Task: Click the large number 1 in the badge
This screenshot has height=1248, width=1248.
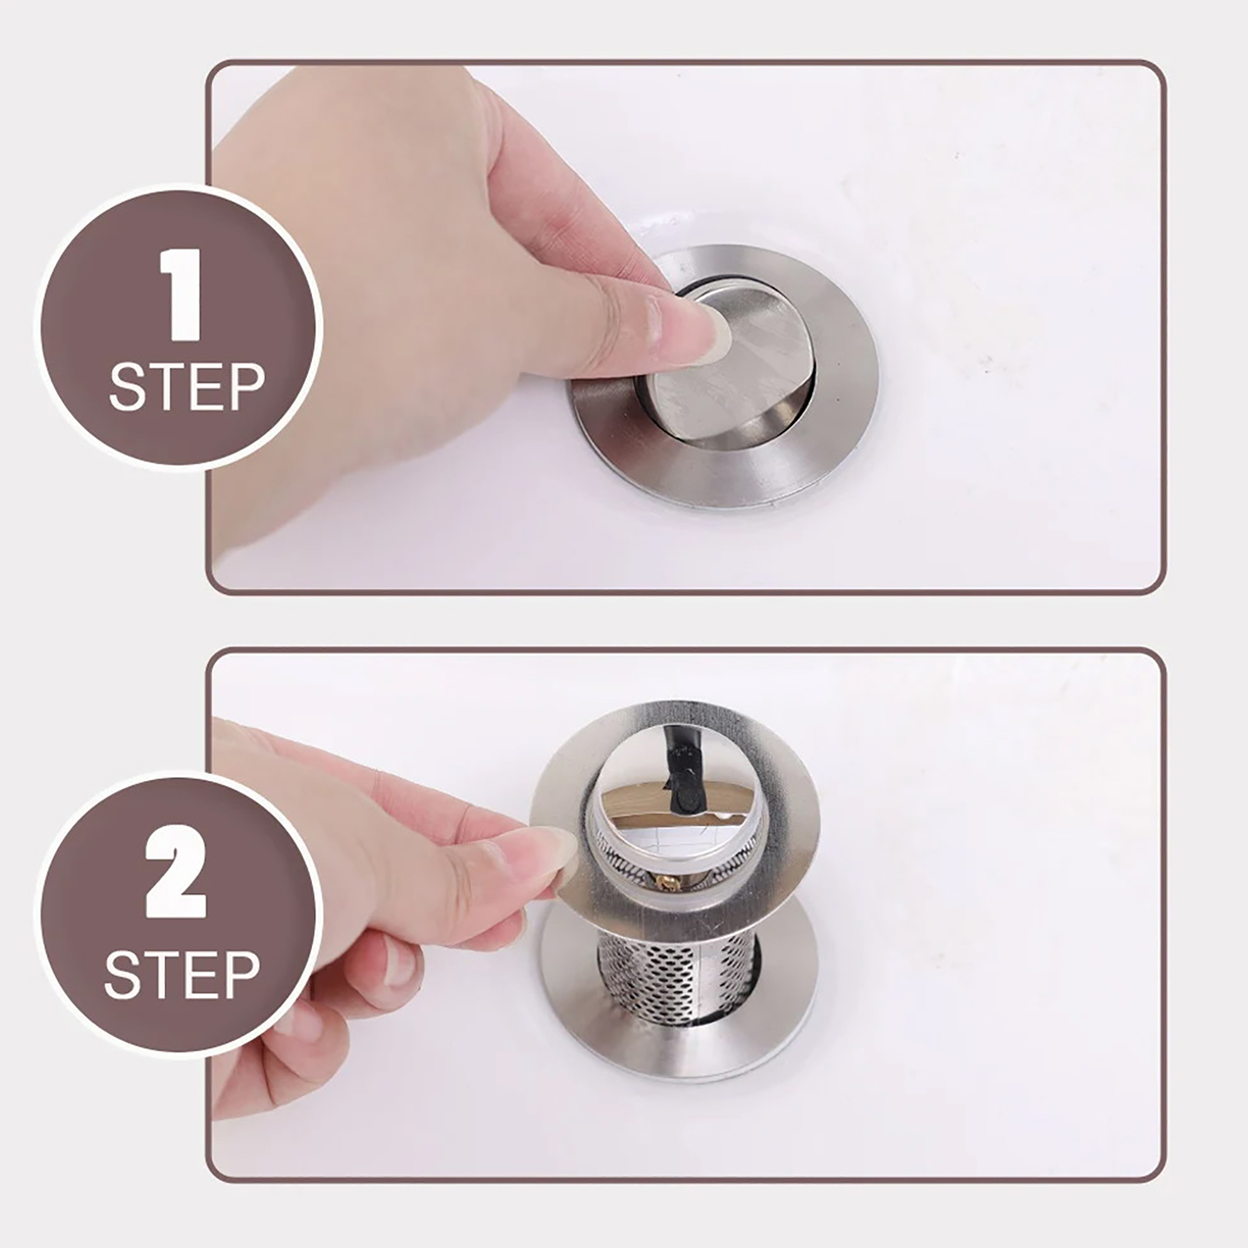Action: [182, 296]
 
